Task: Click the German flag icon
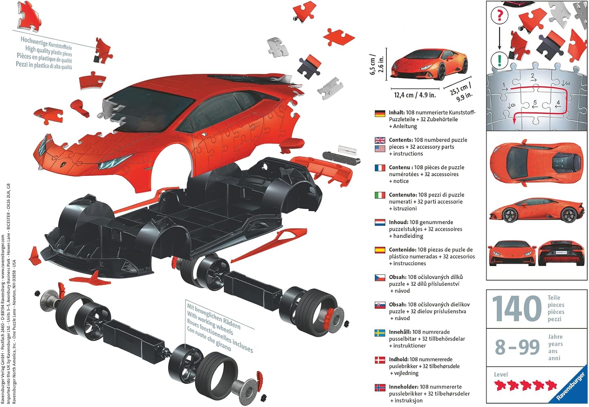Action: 380,113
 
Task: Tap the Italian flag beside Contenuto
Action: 380,195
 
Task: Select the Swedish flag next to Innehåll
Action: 380,333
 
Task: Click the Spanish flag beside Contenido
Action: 380,250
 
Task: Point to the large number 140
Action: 517,308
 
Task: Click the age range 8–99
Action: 518,347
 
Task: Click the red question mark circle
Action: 499,16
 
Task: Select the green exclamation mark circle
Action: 499,60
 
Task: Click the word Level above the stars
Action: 501,374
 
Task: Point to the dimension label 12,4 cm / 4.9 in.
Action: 415,95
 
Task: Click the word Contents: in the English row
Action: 401,140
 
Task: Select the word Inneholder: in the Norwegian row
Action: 403,387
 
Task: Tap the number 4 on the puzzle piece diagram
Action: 558,103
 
